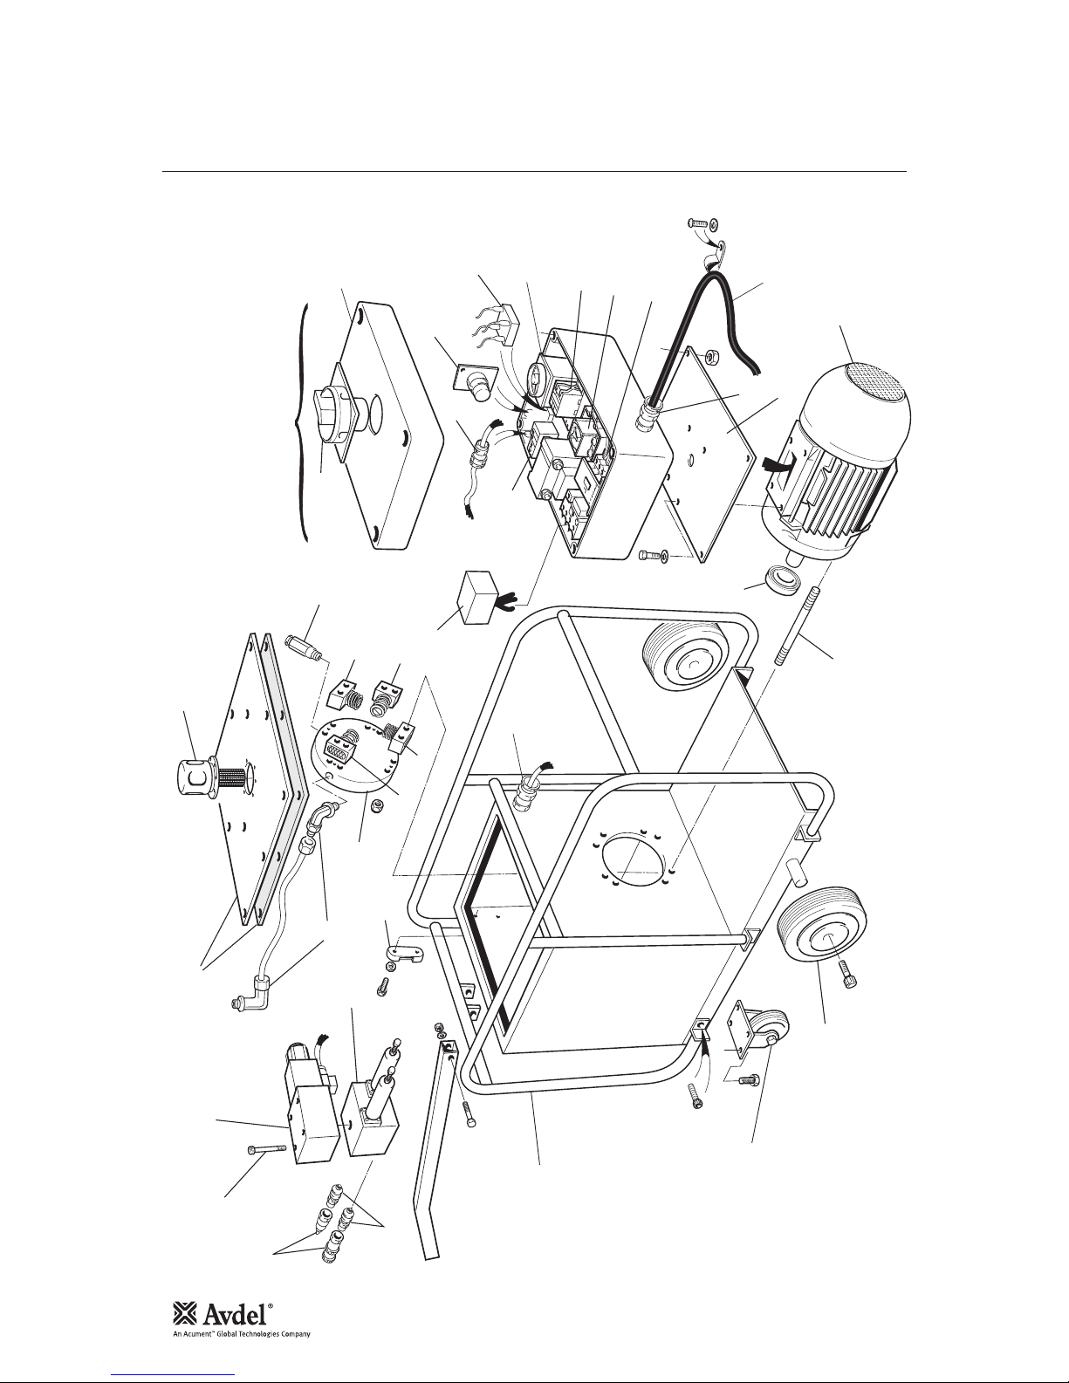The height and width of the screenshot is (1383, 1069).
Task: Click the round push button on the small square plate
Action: click(478, 387)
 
